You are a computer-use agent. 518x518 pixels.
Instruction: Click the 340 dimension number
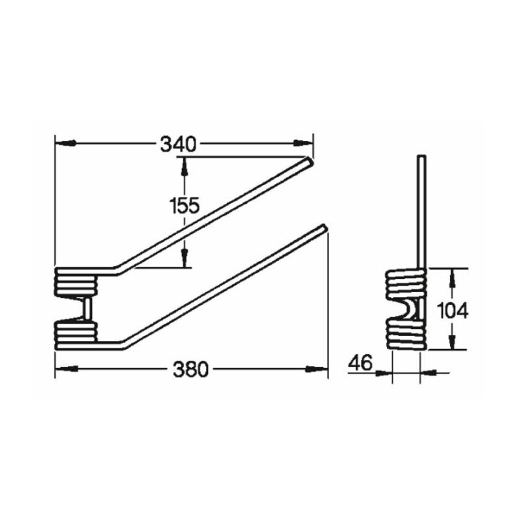(179, 144)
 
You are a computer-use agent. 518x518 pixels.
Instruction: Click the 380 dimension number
(191, 370)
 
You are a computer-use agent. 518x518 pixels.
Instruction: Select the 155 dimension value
(185, 205)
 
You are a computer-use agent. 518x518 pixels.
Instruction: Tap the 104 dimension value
(453, 311)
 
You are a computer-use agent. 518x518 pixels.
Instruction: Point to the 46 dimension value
(361, 363)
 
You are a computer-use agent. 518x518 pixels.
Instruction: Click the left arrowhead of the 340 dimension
(66, 142)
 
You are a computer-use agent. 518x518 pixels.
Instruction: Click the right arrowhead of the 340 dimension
(302, 142)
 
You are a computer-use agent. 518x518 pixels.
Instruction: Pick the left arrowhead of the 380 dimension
(67, 368)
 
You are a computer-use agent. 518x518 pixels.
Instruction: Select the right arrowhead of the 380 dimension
(317, 368)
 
